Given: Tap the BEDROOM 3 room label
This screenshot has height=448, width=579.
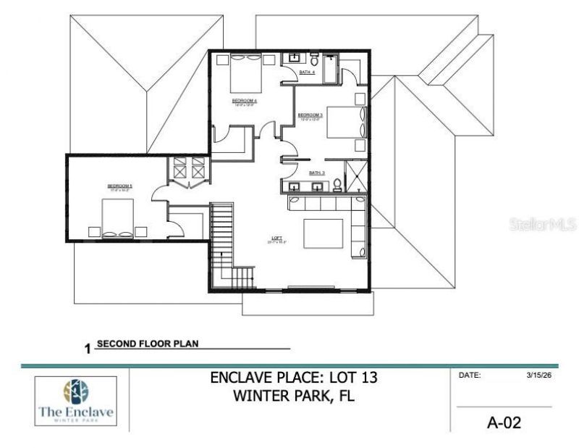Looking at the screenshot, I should [310, 115].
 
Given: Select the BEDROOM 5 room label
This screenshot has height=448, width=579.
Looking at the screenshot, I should [119, 186].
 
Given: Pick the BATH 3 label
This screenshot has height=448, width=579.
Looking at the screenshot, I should [316, 173].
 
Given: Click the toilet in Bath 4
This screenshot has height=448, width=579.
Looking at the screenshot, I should [315, 59].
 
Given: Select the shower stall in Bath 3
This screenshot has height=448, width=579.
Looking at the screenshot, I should [356, 176].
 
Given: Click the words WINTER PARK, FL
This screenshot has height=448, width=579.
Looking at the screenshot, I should [293, 397].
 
